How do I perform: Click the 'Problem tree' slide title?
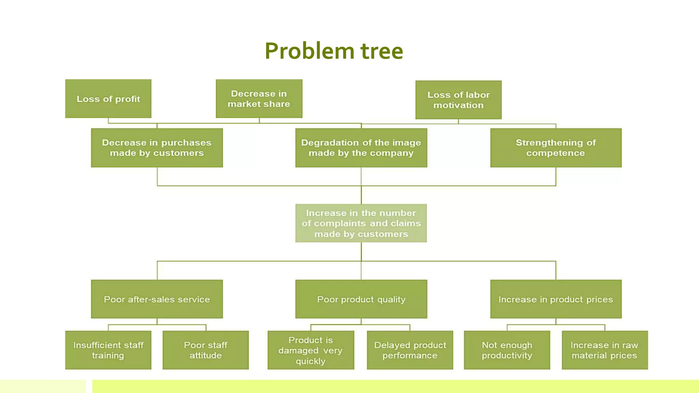pyautogui.click(x=334, y=51)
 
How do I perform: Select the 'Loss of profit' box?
pyautogui.click(x=108, y=99)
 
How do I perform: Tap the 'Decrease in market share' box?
pyautogui.click(x=259, y=99)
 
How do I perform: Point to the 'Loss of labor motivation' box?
pyautogui.click(x=458, y=100)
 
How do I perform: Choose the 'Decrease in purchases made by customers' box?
pyautogui.click(x=157, y=148)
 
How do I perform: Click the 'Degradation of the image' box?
pyautogui.click(x=361, y=148)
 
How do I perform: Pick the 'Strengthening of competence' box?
pyautogui.click(x=556, y=148)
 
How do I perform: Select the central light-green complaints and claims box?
pyautogui.click(x=361, y=223)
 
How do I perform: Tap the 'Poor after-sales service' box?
pyautogui.click(x=157, y=299)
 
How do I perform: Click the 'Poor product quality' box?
pyautogui.click(x=361, y=299)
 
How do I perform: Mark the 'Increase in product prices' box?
pyautogui.click(x=556, y=299)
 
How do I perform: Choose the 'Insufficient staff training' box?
pyautogui.click(x=108, y=350)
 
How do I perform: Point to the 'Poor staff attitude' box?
pyautogui.click(x=205, y=350)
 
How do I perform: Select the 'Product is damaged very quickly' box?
pyautogui.click(x=311, y=350)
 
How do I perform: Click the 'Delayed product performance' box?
pyautogui.click(x=410, y=350)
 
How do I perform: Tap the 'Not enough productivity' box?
pyautogui.click(x=507, y=350)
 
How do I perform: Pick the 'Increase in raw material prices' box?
pyautogui.click(x=604, y=350)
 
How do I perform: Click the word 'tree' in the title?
pyautogui.click(x=382, y=51)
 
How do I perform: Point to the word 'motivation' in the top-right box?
pyautogui.click(x=458, y=105)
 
